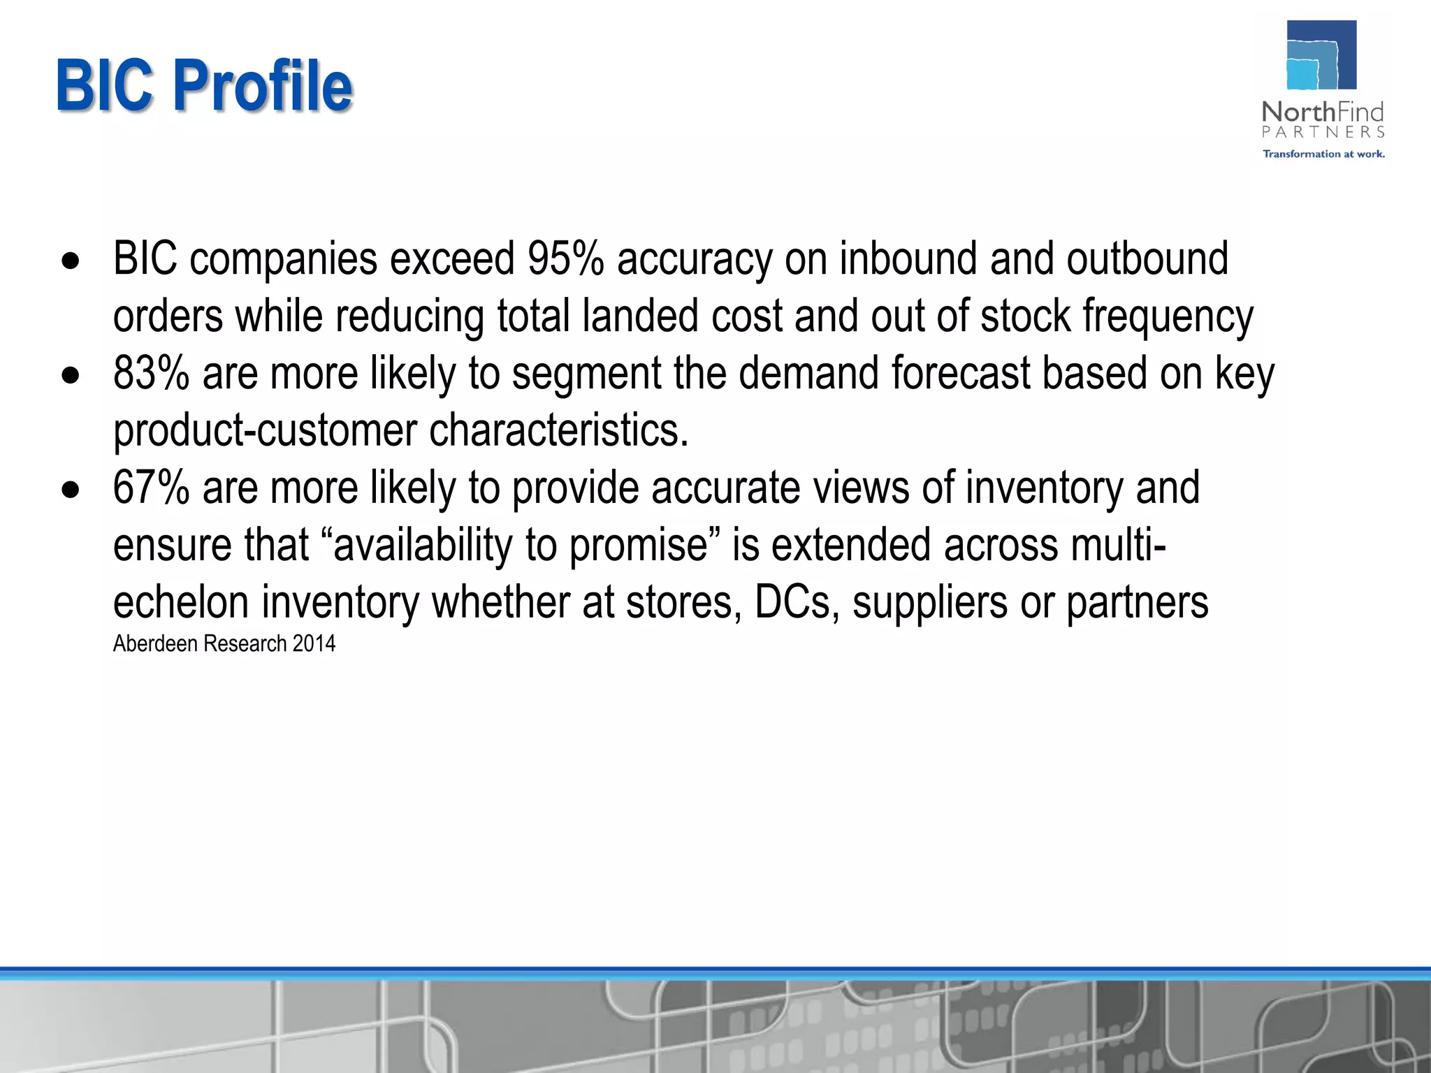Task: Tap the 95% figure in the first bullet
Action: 565,258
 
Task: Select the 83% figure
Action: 151,373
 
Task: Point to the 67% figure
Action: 151,488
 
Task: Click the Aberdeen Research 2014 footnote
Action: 224,643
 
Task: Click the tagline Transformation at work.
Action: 1323,154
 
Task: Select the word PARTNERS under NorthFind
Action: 1323,132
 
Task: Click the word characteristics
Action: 558,430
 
